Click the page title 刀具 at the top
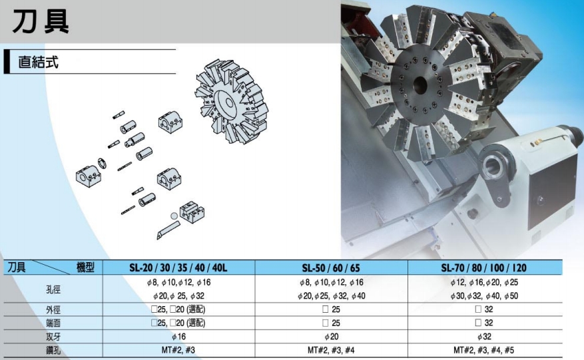pyautogui.click(x=41, y=21)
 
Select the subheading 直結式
pyautogui.click(x=39, y=62)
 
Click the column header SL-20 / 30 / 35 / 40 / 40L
pyautogui.click(x=178, y=268)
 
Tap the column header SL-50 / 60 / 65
pyautogui.click(x=331, y=268)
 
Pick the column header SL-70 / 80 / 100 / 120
pyautogui.click(x=484, y=268)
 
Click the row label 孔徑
pyautogui.click(x=53, y=289)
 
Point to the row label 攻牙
pyautogui.click(x=53, y=337)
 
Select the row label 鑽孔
pyautogui.click(x=53, y=350)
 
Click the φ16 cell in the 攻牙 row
pyautogui.click(x=178, y=337)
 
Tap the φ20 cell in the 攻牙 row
pyautogui.click(x=332, y=337)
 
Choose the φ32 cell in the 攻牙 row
pyautogui.click(x=484, y=337)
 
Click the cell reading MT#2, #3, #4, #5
pyautogui.click(x=484, y=350)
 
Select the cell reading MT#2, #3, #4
pyautogui.click(x=331, y=350)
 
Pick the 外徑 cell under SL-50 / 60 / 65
pyautogui.click(x=331, y=309)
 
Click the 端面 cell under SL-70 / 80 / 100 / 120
pyautogui.click(x=484, y=323)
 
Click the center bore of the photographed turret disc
pyautogui.click(x=420, y=85)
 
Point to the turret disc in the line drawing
pyautogui.click(x=232, y=101)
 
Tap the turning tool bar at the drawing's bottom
pyautogui.click(x=168, y=230)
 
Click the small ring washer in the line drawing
pyautogui.click(x=102, y=163)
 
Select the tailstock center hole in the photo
pyautogui.click(x=493, y=165)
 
